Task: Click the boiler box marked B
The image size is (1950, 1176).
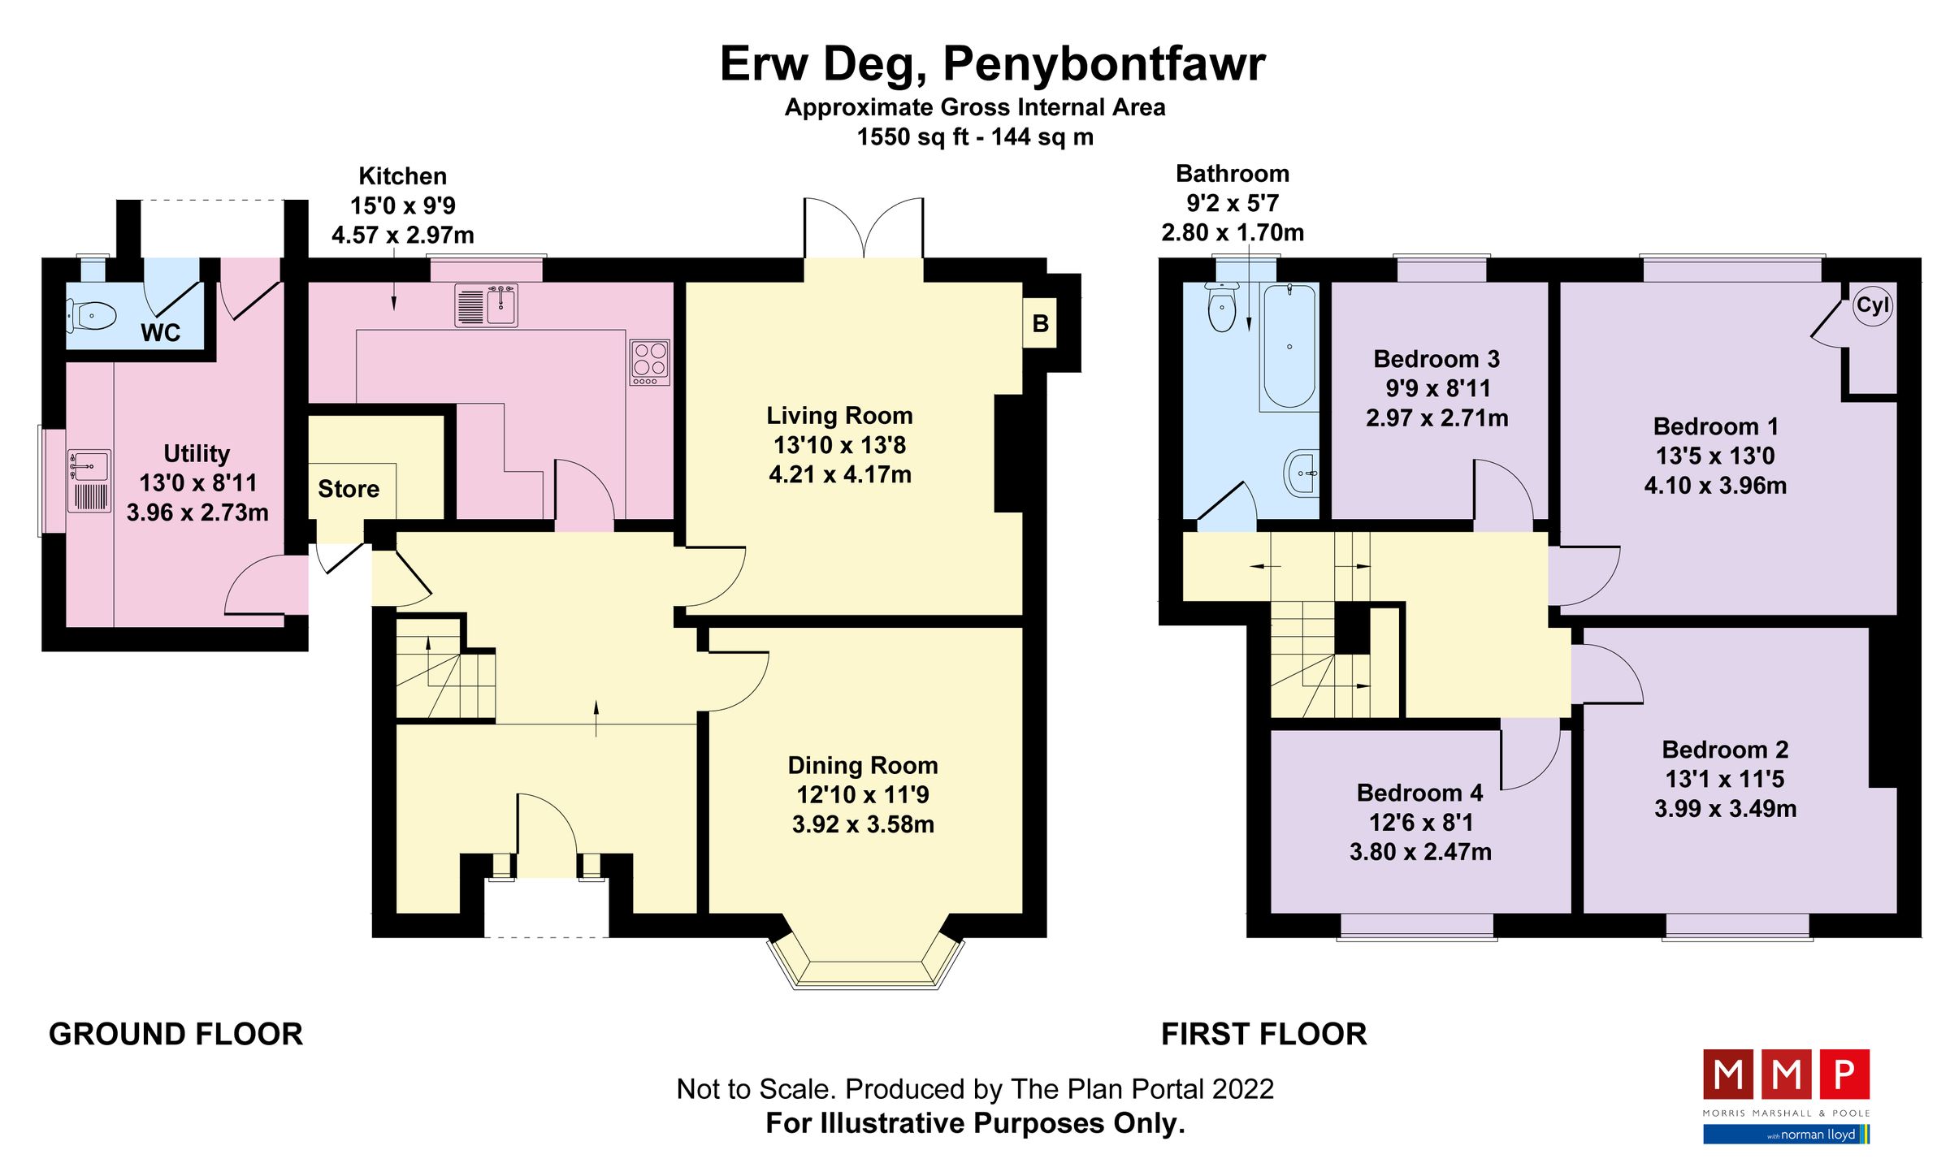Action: point(1039,324)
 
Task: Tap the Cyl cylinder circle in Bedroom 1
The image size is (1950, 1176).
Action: point(1872,306)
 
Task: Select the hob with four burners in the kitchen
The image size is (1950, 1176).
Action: point(650,362)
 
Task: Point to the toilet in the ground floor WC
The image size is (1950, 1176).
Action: point(91,315)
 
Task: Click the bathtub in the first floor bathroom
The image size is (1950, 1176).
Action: point(1289,346)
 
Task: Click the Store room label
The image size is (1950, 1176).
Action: point(349,489)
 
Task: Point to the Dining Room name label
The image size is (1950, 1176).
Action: point(862,765)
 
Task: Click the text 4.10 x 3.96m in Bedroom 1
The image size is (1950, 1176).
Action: point(1715,486)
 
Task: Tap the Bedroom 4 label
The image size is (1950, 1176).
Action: point(1419,793)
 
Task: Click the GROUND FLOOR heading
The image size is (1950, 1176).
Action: point(175,1034)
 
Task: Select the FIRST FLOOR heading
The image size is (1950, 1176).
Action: point(1263,1034)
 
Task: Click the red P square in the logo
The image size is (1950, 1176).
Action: point(1844,1074)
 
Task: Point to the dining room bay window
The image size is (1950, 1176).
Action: point(865,966)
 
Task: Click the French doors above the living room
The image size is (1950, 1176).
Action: point(864,229)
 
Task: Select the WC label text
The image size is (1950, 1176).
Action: point(160,333)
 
